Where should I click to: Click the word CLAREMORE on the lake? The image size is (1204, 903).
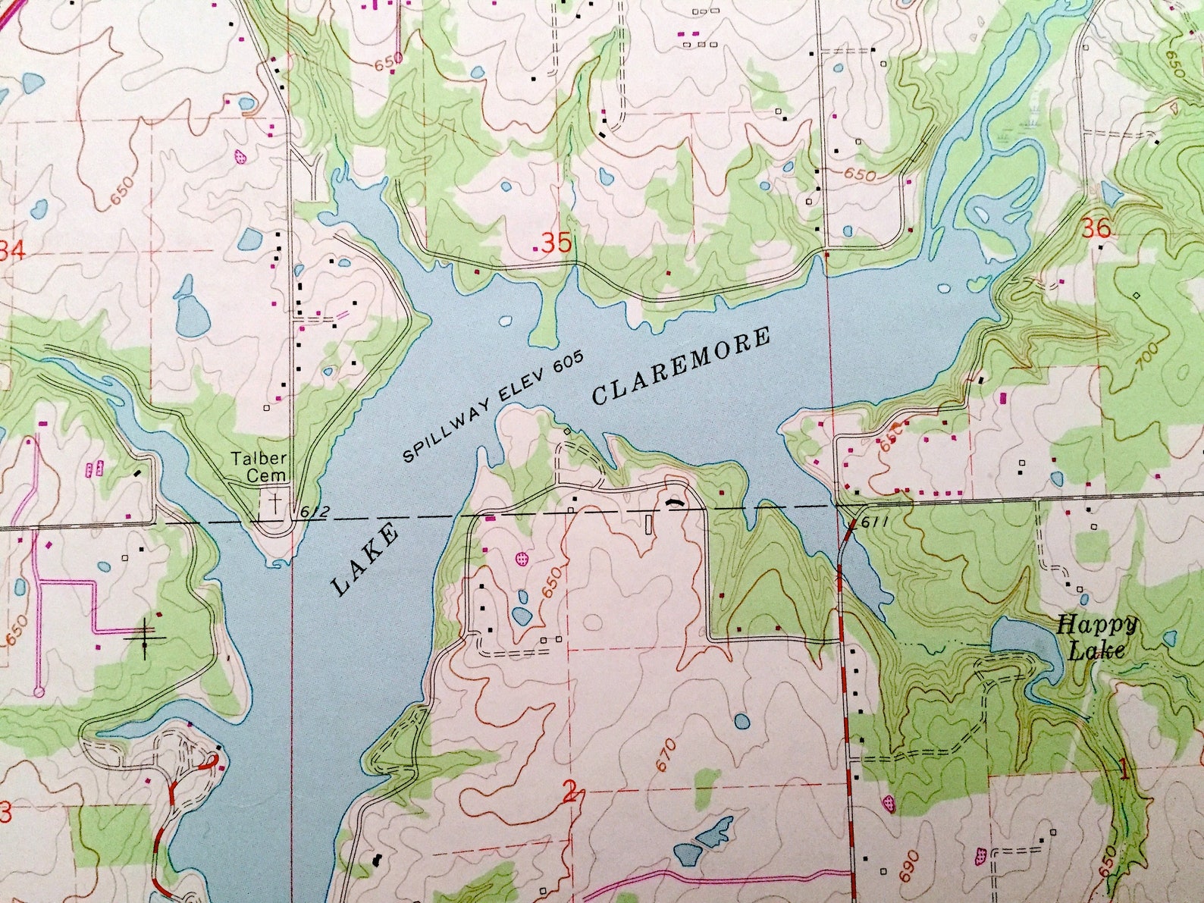click(680, 366)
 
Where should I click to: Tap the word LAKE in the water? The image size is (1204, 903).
click(365, 559)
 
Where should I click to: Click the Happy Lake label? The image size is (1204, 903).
click(1096, 637)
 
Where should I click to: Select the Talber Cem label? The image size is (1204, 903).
click(259, 466)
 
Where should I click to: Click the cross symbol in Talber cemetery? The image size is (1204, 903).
click(274, 502)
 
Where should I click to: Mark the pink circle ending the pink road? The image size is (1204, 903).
click(39, 691)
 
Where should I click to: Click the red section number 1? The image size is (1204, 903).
click(1125, 773)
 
